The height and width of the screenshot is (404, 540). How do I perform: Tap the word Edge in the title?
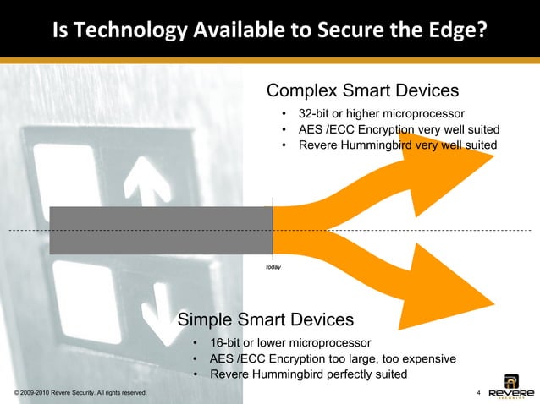click(x=441, y=31)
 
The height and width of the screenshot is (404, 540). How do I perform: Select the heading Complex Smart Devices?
click(x=362, y=90)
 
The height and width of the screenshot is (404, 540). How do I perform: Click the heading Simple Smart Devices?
click(x=266, y=319)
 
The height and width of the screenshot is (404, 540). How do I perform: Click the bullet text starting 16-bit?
click(x=290, y=343)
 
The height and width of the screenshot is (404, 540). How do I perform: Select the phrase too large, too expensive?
click(x=394, y=358)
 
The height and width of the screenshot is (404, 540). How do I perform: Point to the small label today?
click(x=273, y=266)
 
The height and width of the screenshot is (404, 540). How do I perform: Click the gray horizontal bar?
click(x=161, y=230)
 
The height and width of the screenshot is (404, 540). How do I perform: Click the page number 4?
click(x=480, y=393)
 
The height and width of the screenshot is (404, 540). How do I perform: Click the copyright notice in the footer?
click(x=81, y=393)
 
